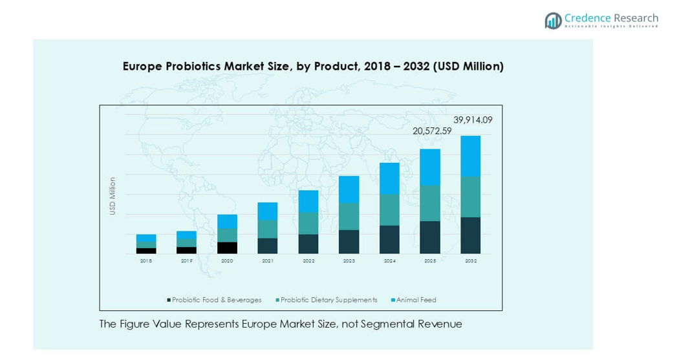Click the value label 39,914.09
tap(473, 120)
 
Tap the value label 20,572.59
tap(433, 131)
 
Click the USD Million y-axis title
tap(113, 196)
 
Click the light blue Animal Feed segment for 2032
tap(470, 156)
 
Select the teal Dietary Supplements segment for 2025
tap(430, 203)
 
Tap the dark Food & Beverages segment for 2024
tap(389, 239)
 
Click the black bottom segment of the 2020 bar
tap(227, 248)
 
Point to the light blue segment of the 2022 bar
tap(308, 201)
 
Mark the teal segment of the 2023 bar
tap(349, 217)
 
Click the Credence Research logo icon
tap(553, 21)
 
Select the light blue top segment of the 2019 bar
tap(186, 235)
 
